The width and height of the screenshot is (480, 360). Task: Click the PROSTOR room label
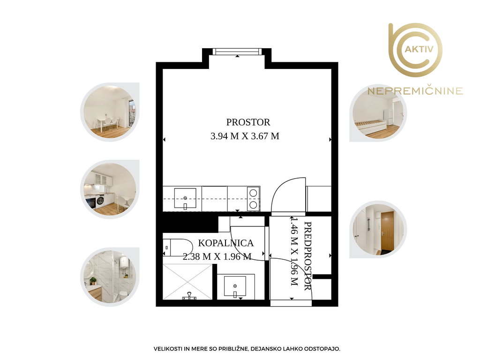(x=248, y=122)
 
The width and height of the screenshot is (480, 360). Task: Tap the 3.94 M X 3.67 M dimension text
(x=245, y=136)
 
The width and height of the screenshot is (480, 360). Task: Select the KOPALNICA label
(x=226, y=243)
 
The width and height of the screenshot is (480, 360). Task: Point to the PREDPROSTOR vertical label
(x=308, y=256)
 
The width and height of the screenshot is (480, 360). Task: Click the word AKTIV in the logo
(x=419, y=49)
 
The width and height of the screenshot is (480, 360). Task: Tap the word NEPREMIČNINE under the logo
(x=415, y=91)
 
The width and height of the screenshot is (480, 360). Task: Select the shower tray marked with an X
(x=187, y=282)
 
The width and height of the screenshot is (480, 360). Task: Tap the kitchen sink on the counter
(x=185, y=198)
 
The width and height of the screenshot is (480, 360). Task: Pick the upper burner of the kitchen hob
(x=253, y=193)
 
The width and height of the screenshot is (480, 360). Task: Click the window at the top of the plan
(x=237, y=52)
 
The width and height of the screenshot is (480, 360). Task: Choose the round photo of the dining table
(x=110, y=112)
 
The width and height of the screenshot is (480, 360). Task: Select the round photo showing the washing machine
(x=110, y=189)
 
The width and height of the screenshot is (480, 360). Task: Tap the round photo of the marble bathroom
(x=110, y=277)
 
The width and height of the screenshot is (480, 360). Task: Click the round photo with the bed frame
(x=378, y=112)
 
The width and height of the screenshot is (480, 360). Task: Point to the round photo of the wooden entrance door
(x=378, y=229)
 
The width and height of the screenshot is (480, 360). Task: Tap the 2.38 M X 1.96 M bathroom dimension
(x=217, y=256)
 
